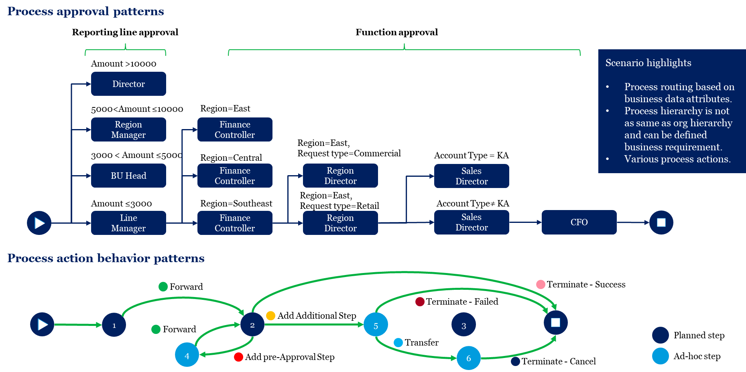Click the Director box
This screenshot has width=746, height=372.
[128, 84]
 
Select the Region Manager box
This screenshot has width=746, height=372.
[128, 129]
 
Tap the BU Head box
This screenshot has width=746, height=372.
[128, 176]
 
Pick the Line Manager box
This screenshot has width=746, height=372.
[128, 223]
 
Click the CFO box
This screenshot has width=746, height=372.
[579, 222]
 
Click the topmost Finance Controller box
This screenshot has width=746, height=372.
[235, 129]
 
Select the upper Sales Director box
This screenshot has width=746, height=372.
[472, 176]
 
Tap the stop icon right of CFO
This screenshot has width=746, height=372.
[661, 222]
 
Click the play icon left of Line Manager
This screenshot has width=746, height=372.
[39, 223]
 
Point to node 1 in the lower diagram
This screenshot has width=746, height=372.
[114, 325]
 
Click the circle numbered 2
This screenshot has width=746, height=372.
[252, 325]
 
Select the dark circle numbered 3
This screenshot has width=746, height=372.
[463, 325]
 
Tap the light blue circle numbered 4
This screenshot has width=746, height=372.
[187, 355]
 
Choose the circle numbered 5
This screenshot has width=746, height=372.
[376, 325]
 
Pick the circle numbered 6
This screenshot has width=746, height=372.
[468, 358]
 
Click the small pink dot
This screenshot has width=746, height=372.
[541, 285]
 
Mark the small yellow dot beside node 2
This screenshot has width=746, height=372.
[271, 316]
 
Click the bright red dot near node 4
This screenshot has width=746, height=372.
[238, 357]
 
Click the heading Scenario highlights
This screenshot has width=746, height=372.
[648, 63]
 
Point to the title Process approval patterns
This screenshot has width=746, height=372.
[85, 11]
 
